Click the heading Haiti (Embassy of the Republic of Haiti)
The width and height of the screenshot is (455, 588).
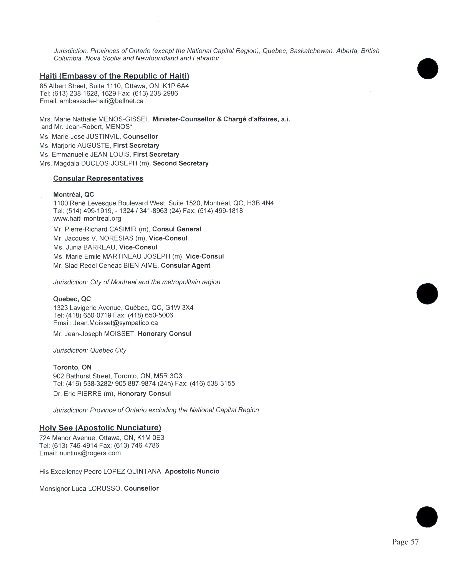pos(114,76)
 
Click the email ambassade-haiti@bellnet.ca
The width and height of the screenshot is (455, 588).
pos(101,101)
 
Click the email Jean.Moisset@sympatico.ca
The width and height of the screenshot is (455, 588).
pos(115,323)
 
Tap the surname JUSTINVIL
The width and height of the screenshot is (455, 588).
pos(103,136)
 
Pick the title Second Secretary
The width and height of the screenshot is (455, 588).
pos(181,163)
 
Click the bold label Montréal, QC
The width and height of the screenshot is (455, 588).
pos(74,194)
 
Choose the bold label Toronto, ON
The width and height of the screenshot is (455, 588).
pos(72,367)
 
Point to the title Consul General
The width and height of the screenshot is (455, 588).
pos(176,229)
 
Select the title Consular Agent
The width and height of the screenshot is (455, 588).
pos(185,265)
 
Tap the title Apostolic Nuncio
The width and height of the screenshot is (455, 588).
pos(192,471)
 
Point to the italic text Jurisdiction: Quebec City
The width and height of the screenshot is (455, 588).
pos(90,350)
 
